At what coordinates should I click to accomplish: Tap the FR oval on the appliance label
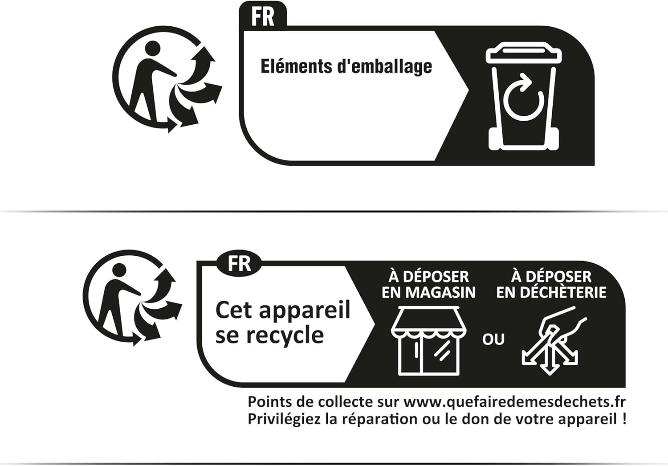(x=239, y=263)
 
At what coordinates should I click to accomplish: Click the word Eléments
(x=296, y=66)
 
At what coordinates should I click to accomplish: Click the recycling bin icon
(x=524, y=96)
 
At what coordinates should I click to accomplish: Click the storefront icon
(x=428, y=341)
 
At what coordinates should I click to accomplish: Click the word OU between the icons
(x=493, y=339)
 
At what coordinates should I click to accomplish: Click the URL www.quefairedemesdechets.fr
(x=514, y=402)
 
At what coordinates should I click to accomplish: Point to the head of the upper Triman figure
(x=152, y=48)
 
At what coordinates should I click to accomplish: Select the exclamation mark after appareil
(x=623, y=419)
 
